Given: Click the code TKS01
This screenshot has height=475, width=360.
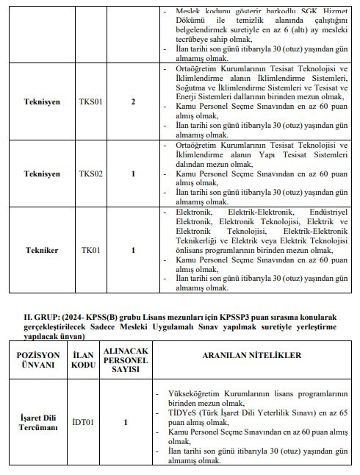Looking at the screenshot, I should pyautogui.click(x=92, y=101).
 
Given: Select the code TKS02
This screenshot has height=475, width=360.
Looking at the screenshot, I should pyautogui.click(x=92, y=174).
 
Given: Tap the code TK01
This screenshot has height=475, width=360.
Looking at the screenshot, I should pyautogui.click(x=90, y=250).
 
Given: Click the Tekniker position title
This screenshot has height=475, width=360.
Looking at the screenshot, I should pyautogui.click(x=41, y=250).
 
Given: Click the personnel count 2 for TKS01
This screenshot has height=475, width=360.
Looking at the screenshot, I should pyautogui.click(x=133, y=101).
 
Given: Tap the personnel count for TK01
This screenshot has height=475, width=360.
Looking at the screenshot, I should pyautogui.click(x=133, y=250).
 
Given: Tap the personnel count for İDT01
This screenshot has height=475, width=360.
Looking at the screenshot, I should pyautogui.click(x=126, y=422).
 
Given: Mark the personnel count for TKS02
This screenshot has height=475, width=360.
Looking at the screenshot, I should pyautogui.click(x=133, y=174).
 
